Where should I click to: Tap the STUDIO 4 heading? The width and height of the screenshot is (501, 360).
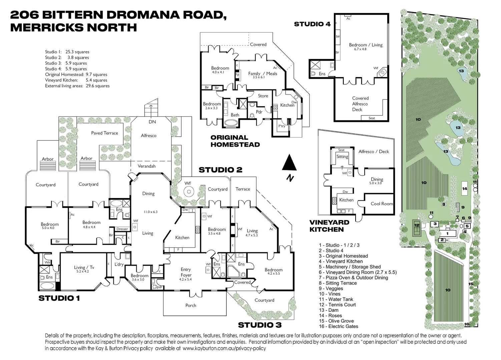click(x=312, y=24)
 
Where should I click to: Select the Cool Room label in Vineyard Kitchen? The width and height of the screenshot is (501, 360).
click(x=382, y=204)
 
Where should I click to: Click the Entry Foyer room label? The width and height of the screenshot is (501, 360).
click(x=186, y=272)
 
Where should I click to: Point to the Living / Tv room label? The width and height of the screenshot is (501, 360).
click(x=84, y=267)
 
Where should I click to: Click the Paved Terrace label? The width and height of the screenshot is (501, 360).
click(x=104, y=133)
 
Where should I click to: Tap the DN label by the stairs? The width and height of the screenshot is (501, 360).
click(x=152, y=122)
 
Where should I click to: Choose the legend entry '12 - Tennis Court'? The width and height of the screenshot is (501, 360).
click(x=337, y=305)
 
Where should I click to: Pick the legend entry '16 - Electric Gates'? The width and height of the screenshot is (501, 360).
click(x=338, y=326)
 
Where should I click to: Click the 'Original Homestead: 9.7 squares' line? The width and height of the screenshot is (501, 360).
click(x=76, y=75)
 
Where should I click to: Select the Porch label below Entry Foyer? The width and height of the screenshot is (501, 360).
click(x=191, y=305)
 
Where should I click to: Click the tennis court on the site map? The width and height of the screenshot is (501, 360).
click(x=417, y=225)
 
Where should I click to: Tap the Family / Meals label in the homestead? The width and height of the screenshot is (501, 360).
click(x=263, y=74)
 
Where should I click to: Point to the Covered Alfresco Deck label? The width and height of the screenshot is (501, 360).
click(x=360, y=104)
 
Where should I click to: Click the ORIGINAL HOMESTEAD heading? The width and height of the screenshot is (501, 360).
click(x=235, y=141)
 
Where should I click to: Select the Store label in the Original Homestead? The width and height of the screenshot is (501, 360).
click(x=263, y=96)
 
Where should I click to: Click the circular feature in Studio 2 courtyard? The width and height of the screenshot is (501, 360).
click(x=188, y=192)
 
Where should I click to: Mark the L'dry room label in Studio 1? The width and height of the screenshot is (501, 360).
click(x=119, y=264)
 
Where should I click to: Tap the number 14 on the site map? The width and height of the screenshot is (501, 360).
click(x=465, y=189)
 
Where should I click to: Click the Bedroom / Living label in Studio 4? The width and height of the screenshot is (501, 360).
click(x=366, y=45)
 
